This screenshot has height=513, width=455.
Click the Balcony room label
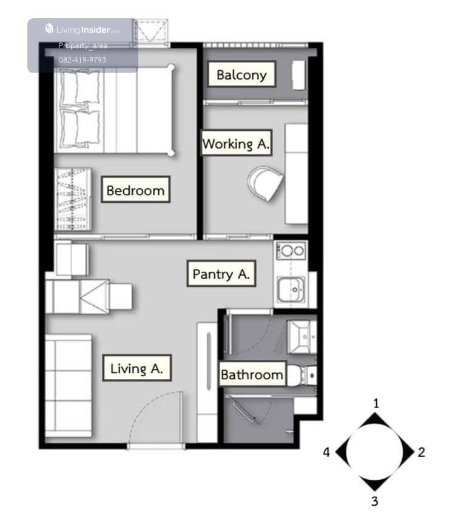click(241, 74)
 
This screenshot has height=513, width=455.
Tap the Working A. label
click(237, 144)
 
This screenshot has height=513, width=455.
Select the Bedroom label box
click(135, 190)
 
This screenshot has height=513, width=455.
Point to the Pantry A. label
click(221, 274)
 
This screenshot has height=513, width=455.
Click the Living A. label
click(137, 368)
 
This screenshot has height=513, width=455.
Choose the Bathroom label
click(252, 374)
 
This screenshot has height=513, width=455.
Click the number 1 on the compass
click(376, 403)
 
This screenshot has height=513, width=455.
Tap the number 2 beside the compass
click(421, 452)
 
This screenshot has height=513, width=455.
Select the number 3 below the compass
click(375, 501)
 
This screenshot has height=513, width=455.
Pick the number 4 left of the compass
click(326, 452)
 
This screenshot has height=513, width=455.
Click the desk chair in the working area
click(266, 184)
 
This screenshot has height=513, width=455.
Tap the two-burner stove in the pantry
click(291, 251)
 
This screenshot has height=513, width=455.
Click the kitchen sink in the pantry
click(291, 290)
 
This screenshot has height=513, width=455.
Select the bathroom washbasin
click(302, 337)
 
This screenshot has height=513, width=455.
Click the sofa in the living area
click(69, 385)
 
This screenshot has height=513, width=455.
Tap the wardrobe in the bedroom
click(73, 199)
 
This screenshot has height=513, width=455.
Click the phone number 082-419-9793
click(83, 59)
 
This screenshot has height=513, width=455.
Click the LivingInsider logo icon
click(49, 28)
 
